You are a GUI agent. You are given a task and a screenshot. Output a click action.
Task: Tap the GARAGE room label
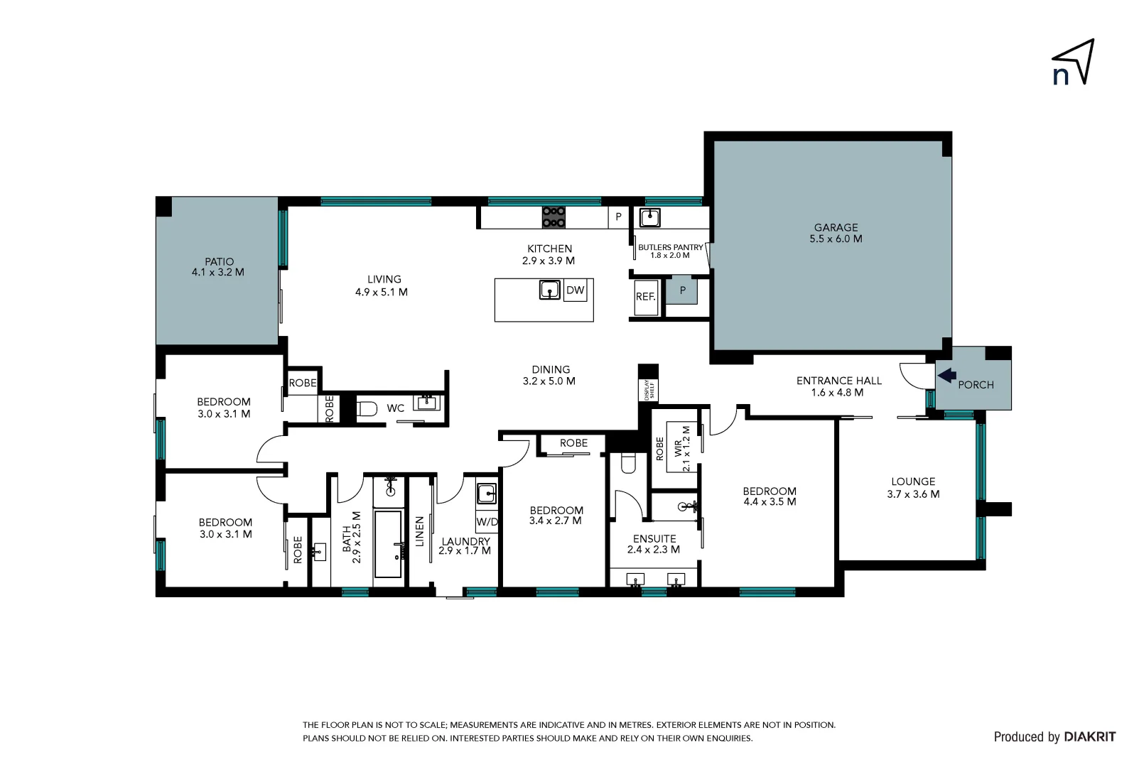(836, 228)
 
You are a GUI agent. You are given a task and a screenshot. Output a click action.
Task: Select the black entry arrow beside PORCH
(946, 375)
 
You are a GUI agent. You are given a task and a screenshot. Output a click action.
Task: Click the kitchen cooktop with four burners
(554, 217)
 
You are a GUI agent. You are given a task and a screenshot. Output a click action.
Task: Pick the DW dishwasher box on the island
(575, 290)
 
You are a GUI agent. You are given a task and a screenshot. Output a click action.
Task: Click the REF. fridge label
(645, 297)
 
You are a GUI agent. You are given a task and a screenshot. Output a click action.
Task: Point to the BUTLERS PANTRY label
(670, 248)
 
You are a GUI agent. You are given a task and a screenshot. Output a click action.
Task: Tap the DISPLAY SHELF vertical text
(648, 390)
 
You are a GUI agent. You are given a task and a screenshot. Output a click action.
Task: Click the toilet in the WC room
(366, 408)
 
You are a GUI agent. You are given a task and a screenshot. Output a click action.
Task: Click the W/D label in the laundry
(487, 522)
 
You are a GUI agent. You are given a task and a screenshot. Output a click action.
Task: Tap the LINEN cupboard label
(419, 531)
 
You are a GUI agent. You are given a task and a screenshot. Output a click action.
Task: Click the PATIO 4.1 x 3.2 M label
(218, 267)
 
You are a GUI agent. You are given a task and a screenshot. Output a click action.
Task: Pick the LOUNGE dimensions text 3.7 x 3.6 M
(913, 494)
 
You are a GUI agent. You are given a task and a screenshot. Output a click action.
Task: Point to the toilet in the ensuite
(628, 462)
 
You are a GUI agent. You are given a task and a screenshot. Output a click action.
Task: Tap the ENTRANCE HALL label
(838, 381)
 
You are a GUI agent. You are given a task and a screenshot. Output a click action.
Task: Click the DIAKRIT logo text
(1089, 737)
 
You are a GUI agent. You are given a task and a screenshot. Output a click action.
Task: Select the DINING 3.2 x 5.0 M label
(550, 375)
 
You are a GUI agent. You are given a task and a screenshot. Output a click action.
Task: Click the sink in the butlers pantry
(649, 217)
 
